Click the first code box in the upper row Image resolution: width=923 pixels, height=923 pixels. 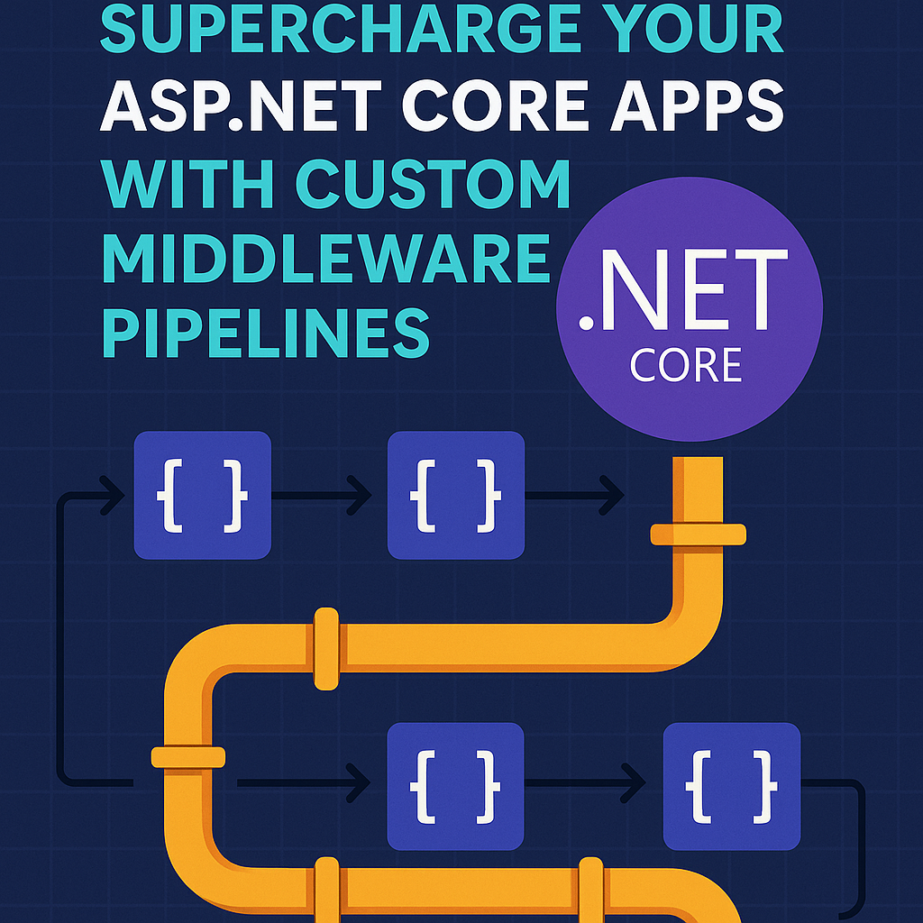coord(202,495)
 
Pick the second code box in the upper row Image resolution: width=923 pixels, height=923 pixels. coord(455,495)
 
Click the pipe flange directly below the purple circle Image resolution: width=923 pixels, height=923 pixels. coord(699,535)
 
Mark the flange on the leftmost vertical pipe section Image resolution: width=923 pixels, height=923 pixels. coord(188,757)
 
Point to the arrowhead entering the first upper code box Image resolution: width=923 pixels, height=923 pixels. coord(117,494)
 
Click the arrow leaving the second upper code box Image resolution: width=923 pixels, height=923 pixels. coord(577,495)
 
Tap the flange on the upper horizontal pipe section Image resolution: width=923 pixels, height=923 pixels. coord(326,646)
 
